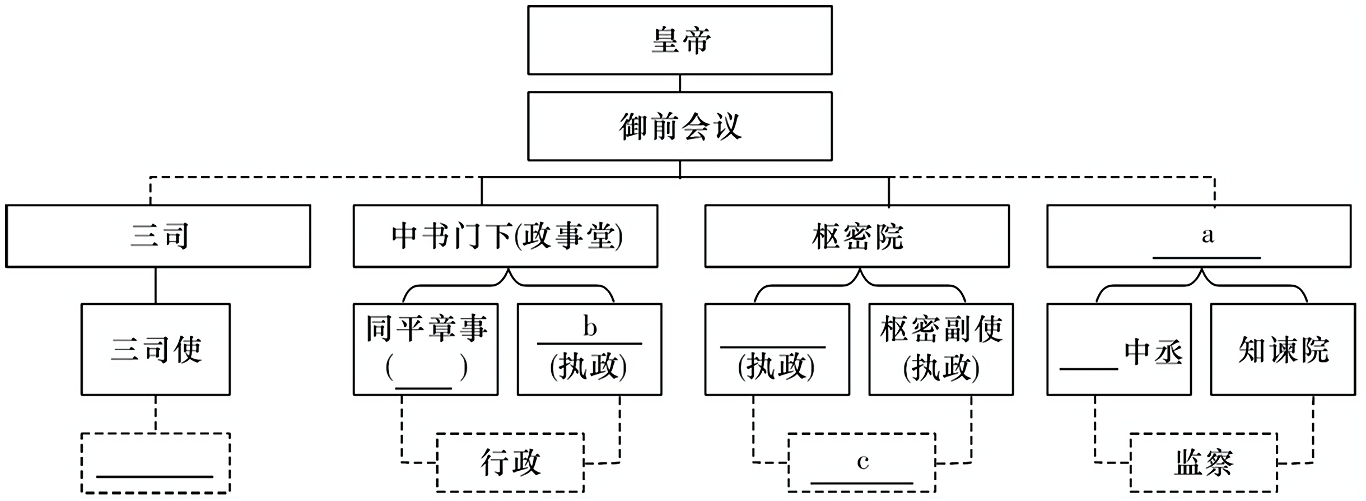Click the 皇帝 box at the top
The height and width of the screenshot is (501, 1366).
[x=679, y=40]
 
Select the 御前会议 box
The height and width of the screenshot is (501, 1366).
[x=679, y=127]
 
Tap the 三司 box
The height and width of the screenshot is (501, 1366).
[x=158, y=236]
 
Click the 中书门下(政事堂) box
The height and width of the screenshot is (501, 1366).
[x=505, y=236]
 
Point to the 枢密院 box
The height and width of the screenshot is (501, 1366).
[x=857, y=236]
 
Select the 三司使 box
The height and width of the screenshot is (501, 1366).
[x=156, y=350]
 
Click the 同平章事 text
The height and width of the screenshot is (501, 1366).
[x=426, y=328]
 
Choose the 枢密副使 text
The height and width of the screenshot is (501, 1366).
[x=941, y=328]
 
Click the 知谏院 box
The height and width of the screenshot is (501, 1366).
[x=1283, y=350]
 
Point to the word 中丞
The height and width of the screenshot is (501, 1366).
[x=1154, y=352]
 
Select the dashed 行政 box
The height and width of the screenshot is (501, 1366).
[x=510, y=463]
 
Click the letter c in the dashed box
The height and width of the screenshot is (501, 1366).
[x=863, y=462]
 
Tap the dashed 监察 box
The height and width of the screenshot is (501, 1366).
[x=1204, y=463]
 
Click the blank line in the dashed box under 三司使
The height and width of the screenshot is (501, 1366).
[x=155, y=476]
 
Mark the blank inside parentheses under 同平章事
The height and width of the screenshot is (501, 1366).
[x=424, y=386]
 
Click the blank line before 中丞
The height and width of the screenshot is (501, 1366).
[x=1089, y=368]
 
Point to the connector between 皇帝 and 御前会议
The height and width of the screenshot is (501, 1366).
[x=679, y=83]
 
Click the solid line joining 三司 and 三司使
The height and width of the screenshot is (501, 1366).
[x=156, y=285]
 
